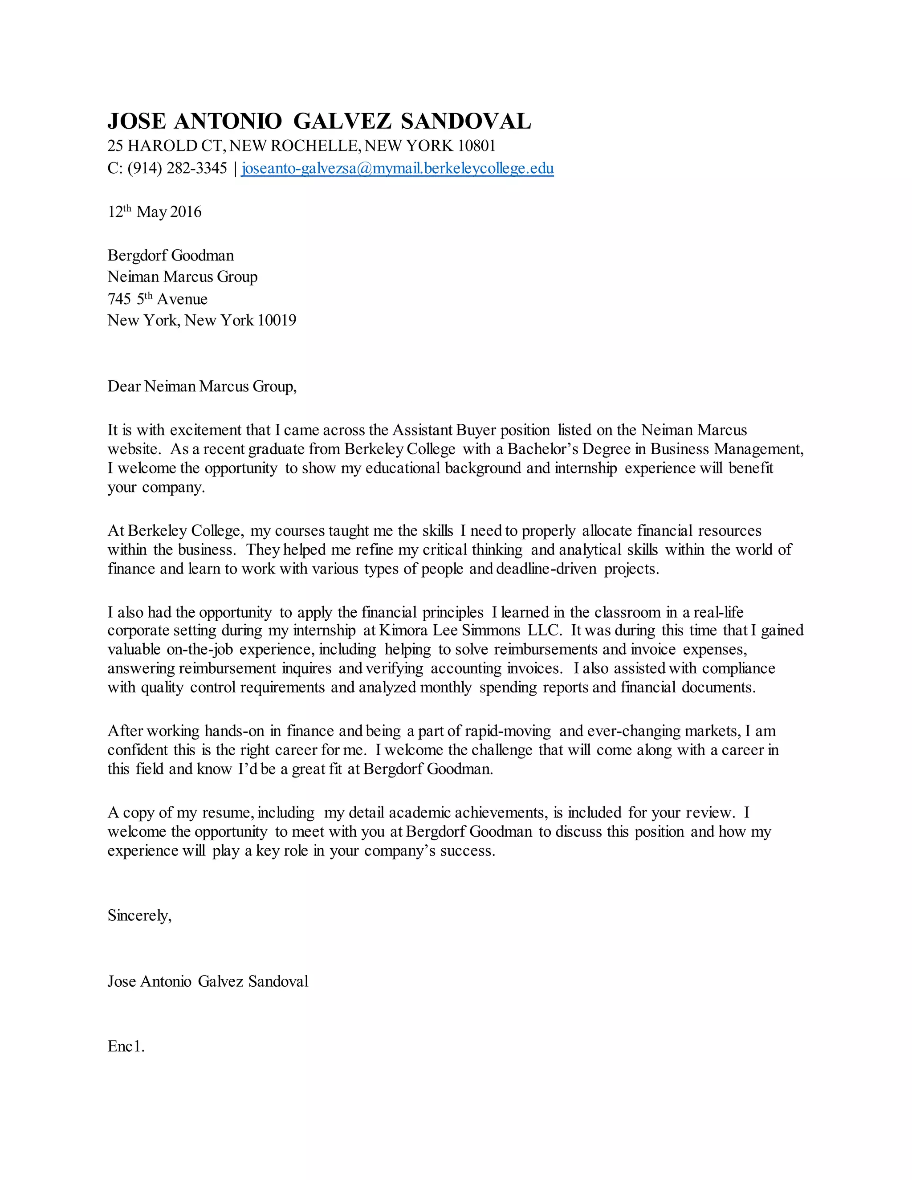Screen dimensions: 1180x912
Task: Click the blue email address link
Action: pos(397,169)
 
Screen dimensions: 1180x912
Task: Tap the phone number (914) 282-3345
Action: pos(177,169)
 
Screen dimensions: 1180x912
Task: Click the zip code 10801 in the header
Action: pos(476,146)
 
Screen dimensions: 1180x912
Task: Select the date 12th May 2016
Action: pos(155,212)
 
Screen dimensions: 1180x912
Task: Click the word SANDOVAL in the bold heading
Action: pos(466,122)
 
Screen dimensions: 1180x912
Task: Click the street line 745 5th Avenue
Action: pos(157,299)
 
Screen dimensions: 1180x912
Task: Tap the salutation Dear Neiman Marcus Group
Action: pos(202,387)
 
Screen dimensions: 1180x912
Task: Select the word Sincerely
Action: pos(139,915)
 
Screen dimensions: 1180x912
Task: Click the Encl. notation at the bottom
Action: pos(126,1046)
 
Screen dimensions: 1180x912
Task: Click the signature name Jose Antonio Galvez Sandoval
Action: pos(208,981)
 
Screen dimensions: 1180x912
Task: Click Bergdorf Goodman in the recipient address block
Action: pos(171,255)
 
